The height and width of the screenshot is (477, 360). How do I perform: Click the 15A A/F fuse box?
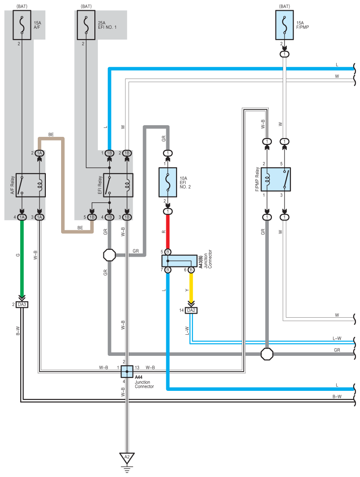coord(22,25)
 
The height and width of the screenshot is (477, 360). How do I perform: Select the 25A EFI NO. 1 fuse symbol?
coord(86,25)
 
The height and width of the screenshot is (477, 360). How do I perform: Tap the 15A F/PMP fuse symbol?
coord(284,25)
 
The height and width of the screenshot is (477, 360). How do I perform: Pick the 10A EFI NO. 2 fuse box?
coord(168,182)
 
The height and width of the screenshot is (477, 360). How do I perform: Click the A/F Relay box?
coord(31,185)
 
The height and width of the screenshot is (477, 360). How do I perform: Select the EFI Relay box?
coord(118,185)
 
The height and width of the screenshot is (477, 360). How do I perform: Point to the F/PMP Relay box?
coord(276,179)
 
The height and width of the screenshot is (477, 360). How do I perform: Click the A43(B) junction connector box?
coord(179,261)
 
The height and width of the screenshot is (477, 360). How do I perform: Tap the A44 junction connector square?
coord(127,372)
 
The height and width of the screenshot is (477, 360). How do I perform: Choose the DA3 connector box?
coord(22,305)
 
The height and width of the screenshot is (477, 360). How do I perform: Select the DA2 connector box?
coord(191,310)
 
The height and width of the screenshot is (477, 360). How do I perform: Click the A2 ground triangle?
coord(127,457)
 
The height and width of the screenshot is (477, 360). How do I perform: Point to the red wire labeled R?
coord(168,232)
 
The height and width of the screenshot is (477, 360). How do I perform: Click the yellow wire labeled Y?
coord(191,286)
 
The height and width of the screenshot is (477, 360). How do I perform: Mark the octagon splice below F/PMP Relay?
coord(267,354)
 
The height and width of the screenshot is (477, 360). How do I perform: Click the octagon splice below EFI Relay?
coord(110,255)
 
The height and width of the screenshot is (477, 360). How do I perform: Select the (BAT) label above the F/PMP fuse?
coord(284,6)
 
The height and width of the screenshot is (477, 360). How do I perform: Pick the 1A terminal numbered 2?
coord(39,153)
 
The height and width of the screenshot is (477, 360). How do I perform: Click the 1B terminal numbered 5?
coord(92,217)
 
